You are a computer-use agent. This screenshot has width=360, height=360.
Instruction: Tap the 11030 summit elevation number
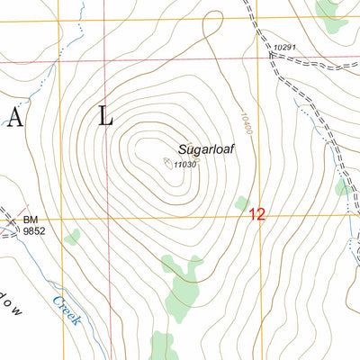[186, 165]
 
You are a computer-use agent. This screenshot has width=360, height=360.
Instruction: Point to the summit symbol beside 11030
[168, 163]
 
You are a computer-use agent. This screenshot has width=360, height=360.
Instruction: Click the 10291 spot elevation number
[284, 46]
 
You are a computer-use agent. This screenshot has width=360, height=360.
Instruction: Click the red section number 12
[257, 215]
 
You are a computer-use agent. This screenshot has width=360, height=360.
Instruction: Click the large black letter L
[106, 116]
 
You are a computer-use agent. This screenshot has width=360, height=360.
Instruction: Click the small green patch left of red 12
[240, 204]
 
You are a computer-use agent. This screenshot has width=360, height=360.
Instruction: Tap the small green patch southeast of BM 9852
[72, 237]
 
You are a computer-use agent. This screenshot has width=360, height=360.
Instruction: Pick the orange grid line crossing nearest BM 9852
[62, 219]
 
